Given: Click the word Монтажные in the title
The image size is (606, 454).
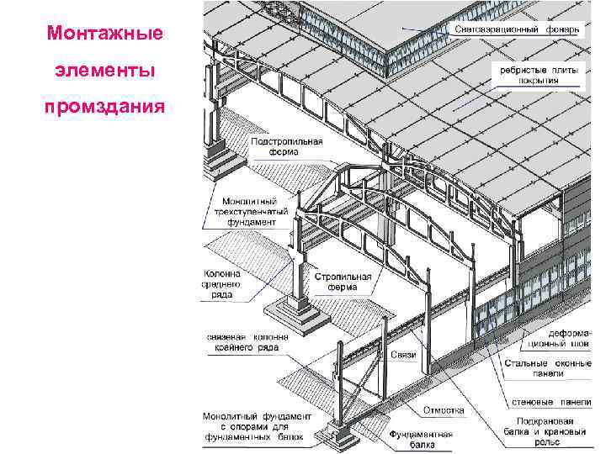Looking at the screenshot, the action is tap(105, 34).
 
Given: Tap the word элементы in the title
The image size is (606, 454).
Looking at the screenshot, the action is tap(105, 71).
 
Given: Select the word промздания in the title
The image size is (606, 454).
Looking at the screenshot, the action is tap(105, 109).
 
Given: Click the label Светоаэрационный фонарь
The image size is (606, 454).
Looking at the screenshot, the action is tap(517, 29).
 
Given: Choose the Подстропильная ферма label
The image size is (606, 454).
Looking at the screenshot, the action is tap(287, 148).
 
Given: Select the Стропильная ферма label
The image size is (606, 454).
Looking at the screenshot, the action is tap(337, 281).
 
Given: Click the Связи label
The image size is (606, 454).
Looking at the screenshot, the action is tap(403, 356).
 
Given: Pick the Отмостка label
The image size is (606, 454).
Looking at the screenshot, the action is tap(444, 410).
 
